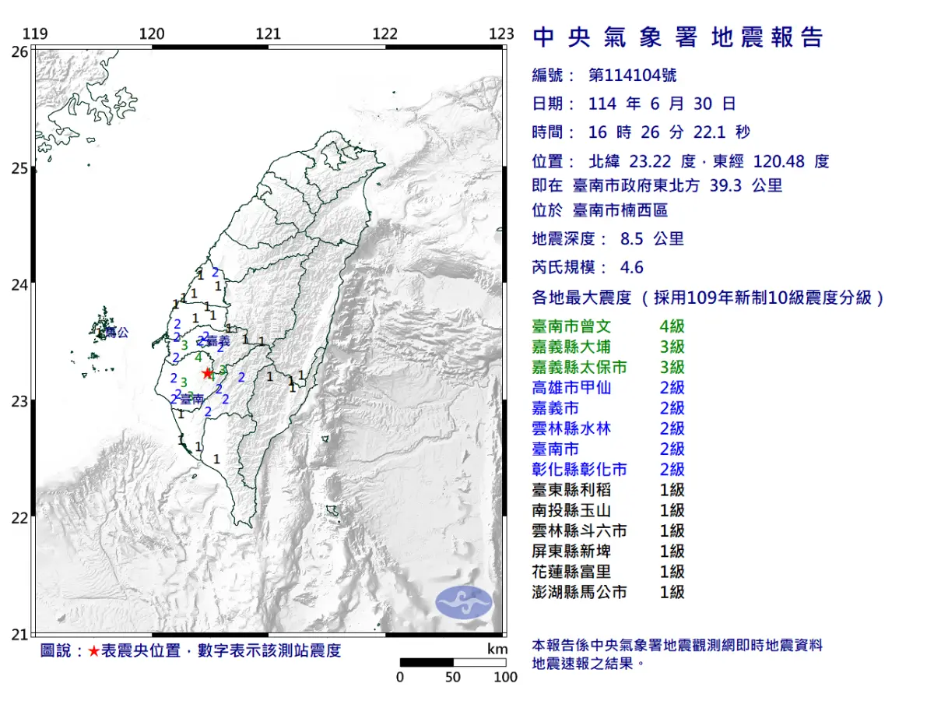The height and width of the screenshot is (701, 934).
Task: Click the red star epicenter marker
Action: point(206,373)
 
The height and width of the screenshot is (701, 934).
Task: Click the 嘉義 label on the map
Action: point(217,341)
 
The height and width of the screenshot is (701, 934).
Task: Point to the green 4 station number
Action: point(199,358)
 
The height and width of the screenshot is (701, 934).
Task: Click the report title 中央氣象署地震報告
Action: point(677,37)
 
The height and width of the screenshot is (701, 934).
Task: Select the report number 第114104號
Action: point(633,76)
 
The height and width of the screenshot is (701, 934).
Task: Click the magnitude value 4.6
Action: point(632,268)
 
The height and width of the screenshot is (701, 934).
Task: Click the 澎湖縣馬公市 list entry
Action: point(579,593)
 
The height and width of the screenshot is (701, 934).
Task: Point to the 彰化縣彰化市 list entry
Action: point(579,470)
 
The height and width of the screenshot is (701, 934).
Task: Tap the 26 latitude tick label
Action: point(19,51)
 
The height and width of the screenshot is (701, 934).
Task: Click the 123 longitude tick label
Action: point(502,33)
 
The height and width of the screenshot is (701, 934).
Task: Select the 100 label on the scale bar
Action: point(505,677)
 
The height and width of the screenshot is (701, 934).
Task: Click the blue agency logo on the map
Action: point(463,601)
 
